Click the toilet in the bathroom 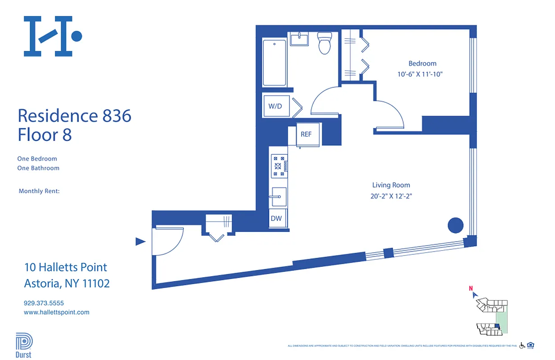324,43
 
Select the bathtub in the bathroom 274,63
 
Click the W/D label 275,107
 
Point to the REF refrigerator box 307,134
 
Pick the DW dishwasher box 276,219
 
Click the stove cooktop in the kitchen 278,165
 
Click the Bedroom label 422,63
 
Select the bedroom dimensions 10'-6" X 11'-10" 420,74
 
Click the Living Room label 391,185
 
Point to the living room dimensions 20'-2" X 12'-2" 391,196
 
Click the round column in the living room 456,225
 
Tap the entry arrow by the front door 140,242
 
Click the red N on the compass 471,289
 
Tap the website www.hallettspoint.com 56,312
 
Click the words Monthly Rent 39,191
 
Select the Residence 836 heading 75,116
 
